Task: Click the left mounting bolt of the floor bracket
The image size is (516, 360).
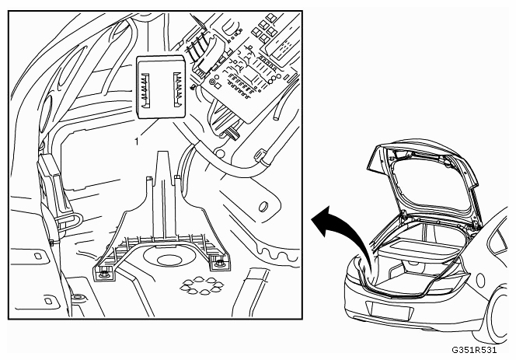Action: pos(103,272)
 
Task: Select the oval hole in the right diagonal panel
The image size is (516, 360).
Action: pos(264,207)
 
